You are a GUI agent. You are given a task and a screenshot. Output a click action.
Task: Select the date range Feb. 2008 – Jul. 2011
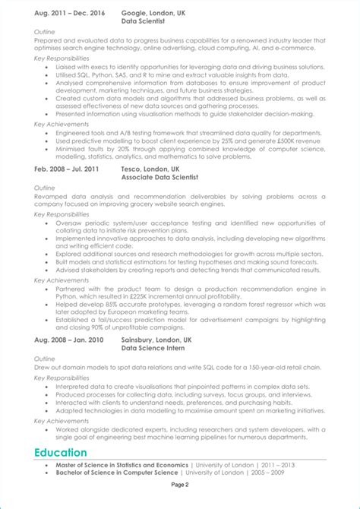(66, 169)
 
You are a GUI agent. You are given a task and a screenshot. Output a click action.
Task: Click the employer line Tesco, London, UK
(150, 169)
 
